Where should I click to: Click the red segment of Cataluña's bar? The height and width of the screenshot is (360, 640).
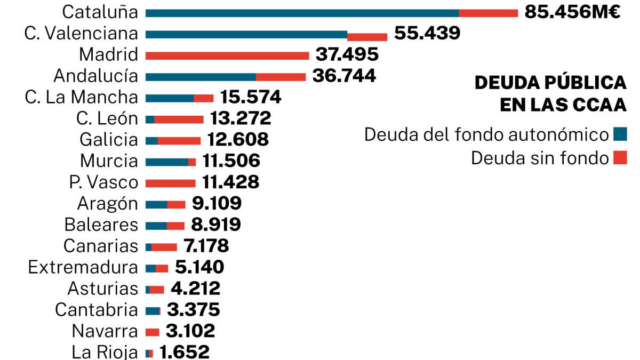tap(488, 13)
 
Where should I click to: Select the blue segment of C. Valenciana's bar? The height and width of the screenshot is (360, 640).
tap(246, 35)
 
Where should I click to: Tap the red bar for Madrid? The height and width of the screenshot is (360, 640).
tap(227, 55)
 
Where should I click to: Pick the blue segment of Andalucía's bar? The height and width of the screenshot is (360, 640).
tap(200, 77)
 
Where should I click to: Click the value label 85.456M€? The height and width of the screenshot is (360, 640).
tap(572, 12)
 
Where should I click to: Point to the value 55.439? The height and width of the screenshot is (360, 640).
tap(427, 34)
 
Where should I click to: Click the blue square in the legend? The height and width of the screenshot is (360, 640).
tap(620, 134)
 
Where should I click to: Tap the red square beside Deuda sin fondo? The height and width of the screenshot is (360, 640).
tap(620, 158)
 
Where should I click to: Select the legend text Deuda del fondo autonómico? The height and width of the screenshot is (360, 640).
tap(486, 135)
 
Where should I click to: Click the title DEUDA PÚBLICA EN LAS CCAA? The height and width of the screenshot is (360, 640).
tap(550, 94)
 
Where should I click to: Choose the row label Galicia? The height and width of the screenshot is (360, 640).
tap(108, 140)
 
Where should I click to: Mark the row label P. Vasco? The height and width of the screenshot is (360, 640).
tap(103, 182)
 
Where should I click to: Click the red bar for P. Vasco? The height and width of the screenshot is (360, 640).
tap(170, 183)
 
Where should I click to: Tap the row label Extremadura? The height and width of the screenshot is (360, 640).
tap(83, 267)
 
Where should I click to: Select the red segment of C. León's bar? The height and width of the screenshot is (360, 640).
tap(179, 119)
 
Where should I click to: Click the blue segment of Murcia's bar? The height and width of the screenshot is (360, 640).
tap(166, 162)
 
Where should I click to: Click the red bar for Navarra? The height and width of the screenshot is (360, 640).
tap(152, 332)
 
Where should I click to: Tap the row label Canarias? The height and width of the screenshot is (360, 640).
tap(100, 246)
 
